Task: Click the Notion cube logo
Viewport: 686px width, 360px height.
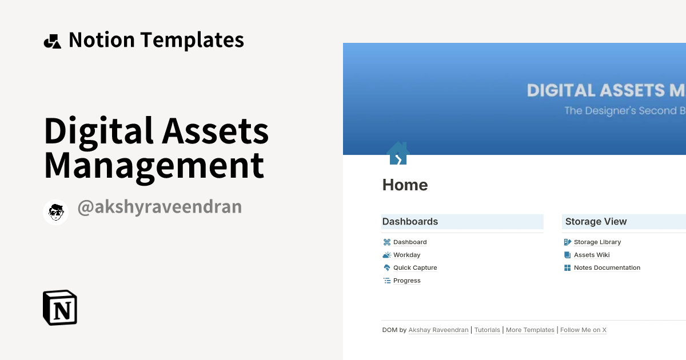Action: click(x=60, y=307)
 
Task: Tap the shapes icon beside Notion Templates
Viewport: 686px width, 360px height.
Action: click(x=52, y=41)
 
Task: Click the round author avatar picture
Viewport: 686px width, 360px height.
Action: click(x=56, y=212)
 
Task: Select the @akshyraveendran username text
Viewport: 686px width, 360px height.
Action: click(x=159, y=207)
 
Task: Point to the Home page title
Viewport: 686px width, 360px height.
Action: click(x=405, y=185)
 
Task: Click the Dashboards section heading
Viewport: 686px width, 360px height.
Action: click(x=410, y=222)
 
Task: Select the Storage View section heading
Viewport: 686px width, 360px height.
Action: click(x=596, y=222)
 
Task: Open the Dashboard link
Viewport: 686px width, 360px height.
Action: click(x=410, y=242)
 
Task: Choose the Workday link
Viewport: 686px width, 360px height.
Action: click(x=406, y=255)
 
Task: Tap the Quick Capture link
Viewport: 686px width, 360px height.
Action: click(x=415, y=267)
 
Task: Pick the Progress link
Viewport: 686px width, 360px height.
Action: click(x=406, y=281)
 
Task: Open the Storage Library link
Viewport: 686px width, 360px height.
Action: click(x=597, y=242)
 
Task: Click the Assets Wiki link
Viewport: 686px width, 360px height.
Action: click(x=592, y=255)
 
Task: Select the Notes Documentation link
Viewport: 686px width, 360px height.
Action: click(x=607, y=267)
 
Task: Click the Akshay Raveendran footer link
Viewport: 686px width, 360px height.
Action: click(x=438, y=330)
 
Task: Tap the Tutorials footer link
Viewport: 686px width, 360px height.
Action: click(x=487, y=330)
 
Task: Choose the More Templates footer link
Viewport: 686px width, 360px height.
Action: click(x=530, y=330)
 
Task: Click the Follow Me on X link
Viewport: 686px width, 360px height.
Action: click(x=583, y=330)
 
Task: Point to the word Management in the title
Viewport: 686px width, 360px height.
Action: click(x=154, y=166)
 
